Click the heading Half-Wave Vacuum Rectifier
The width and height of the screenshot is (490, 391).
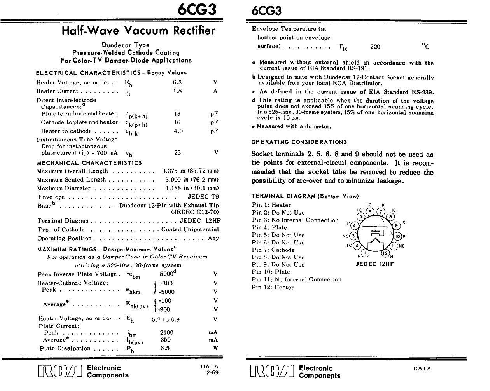138,31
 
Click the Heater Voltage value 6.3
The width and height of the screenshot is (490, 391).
177,82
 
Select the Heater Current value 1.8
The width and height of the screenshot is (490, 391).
177,91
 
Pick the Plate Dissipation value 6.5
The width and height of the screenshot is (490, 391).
165,348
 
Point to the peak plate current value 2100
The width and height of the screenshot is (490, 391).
167,332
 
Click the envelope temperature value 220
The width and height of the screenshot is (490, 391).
375,47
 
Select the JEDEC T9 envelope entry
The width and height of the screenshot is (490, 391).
203,197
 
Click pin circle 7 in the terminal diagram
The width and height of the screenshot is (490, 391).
381,212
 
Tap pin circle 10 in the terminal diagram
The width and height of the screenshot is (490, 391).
397,236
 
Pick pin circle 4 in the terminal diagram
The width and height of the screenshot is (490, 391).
354,225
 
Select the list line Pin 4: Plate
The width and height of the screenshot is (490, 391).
269,227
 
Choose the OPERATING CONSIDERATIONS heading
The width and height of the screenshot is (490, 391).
299,142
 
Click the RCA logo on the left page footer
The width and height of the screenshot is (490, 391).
60,372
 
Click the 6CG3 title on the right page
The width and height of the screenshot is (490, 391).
264,10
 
